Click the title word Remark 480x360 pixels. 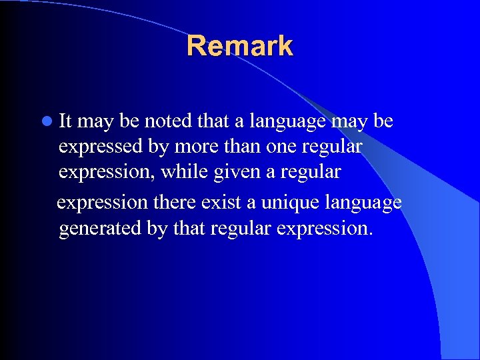pyautogui.click(x=239, y=46)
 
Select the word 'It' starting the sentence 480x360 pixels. pyautogui.click(x=66, y=121)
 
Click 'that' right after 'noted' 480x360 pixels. pyautogui.click(x=212, y=121)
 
